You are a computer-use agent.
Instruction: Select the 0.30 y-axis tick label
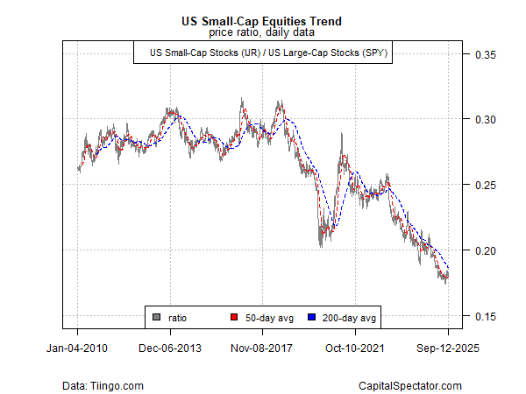(485, 120)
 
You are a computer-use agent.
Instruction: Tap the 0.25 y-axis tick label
(485, 186)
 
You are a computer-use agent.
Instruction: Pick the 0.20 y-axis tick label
(485, 250)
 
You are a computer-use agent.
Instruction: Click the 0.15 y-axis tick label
(485, 316)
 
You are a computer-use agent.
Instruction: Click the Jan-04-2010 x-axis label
(78, 348)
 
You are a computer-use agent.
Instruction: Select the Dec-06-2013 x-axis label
(170, 348)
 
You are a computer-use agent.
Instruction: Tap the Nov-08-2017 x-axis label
(263, 348)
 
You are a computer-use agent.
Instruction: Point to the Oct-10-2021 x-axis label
(356, 348)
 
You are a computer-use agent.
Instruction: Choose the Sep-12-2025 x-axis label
(448, 348)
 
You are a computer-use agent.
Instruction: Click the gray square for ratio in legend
(156, 317)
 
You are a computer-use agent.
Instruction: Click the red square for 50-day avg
(234, 317)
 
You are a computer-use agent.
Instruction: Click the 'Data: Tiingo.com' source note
(103, 385)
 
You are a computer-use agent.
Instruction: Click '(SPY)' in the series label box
(373, 53)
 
